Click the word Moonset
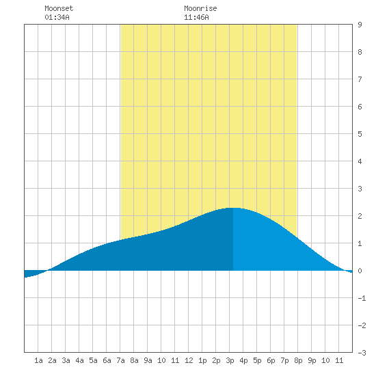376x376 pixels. [59, 8]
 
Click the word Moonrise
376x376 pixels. [200, 8]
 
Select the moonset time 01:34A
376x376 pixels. [57, 17]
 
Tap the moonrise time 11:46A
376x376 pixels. [196, 17]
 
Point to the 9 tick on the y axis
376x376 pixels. [360, 25]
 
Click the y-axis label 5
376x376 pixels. [360, 134]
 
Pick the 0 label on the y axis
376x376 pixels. [360, 271]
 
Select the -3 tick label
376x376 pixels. [362, 353]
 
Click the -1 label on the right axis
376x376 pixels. [362, 298]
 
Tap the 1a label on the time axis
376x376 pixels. [38, 360]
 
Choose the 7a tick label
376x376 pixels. [120, 360]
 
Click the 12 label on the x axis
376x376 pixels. [189, 360]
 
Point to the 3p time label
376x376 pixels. [230, 360]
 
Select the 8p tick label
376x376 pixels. [298, 360]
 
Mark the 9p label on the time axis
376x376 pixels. [312, 360]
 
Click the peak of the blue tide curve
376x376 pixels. [233, 208]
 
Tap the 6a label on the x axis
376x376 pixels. [107, 360]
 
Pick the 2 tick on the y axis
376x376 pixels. [360, 216]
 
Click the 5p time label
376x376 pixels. [257, 360]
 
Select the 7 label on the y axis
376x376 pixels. [360, 79]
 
